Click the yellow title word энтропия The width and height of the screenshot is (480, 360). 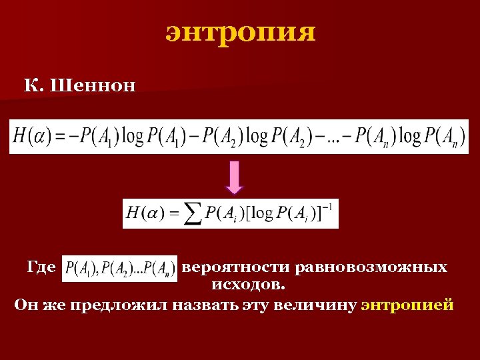click(x=240, y=32)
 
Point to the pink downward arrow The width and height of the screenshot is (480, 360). click(x=235, y=178)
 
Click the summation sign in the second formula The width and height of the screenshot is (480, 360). click(x=193, y=214)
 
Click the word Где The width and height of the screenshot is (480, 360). click(x=41, y=268)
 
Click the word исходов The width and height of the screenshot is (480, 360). click(x=249, y=285)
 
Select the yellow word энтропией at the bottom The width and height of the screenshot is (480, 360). click(x=407, y=305)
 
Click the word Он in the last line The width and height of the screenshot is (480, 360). click(x=25, y=305)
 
